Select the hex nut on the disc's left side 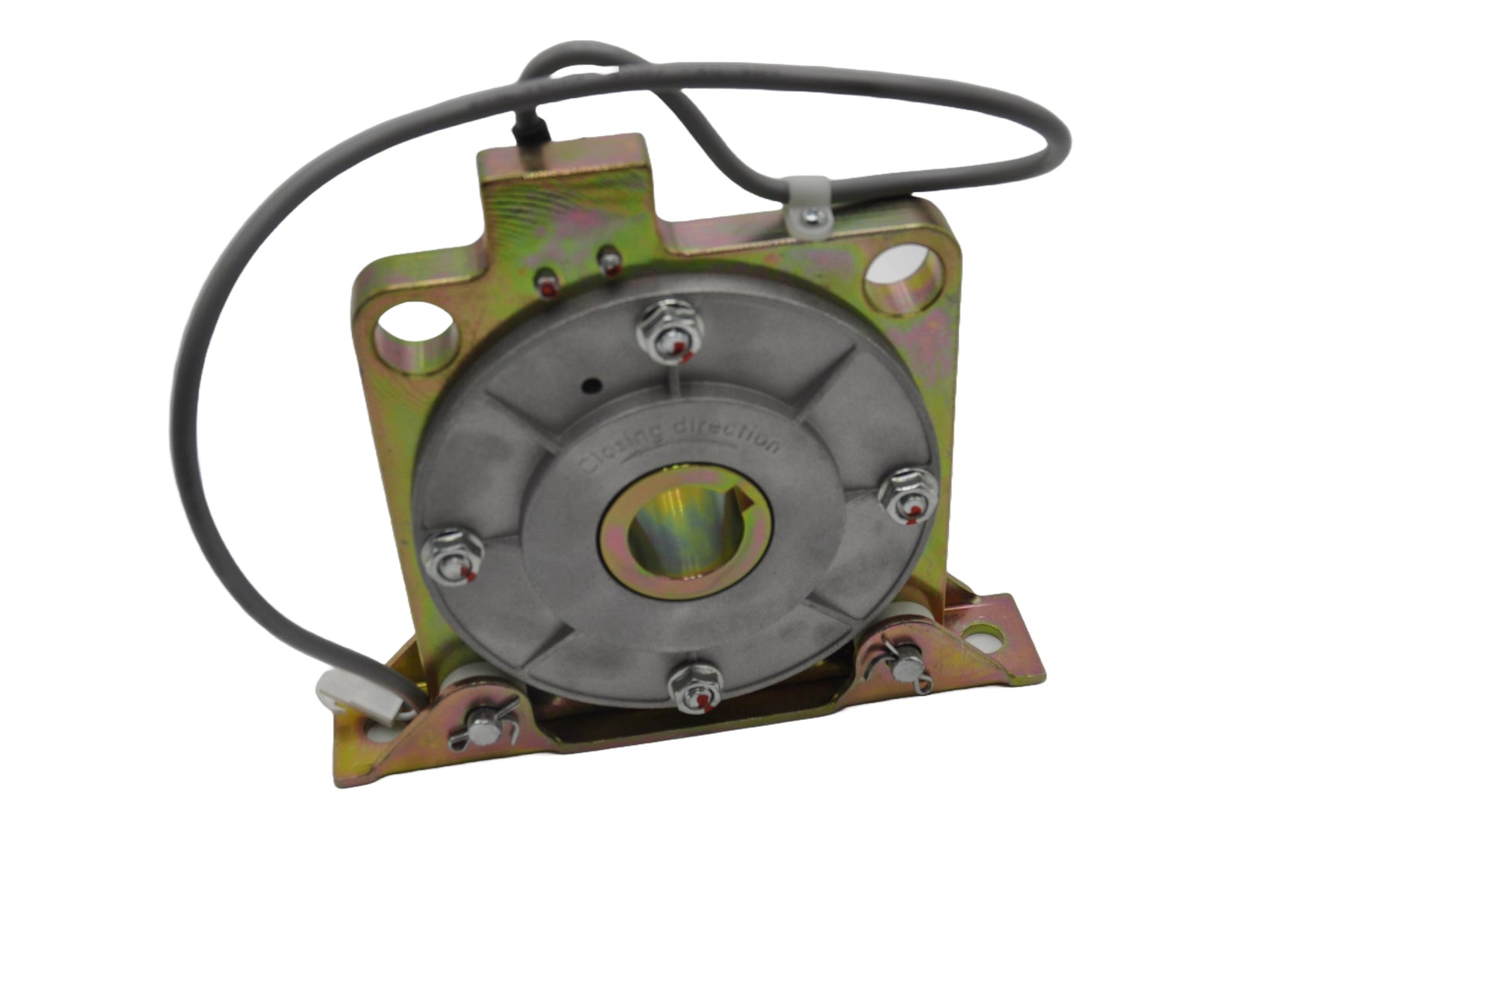[455, 555]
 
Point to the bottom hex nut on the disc [694, 688]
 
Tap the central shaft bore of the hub [687, 532]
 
